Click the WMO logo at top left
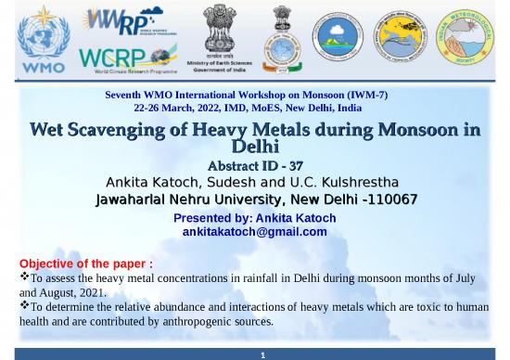(43, 40)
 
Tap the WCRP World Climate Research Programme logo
(128, 58)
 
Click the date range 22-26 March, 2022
(186, 108)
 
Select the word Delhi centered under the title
(254, 147)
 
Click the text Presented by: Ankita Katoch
(254, 218)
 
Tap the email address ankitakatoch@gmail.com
(254, 232)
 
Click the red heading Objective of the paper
(85, 264)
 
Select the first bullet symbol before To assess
(24, 276)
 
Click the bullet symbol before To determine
(24, 305)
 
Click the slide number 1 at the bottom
(262, 354)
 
